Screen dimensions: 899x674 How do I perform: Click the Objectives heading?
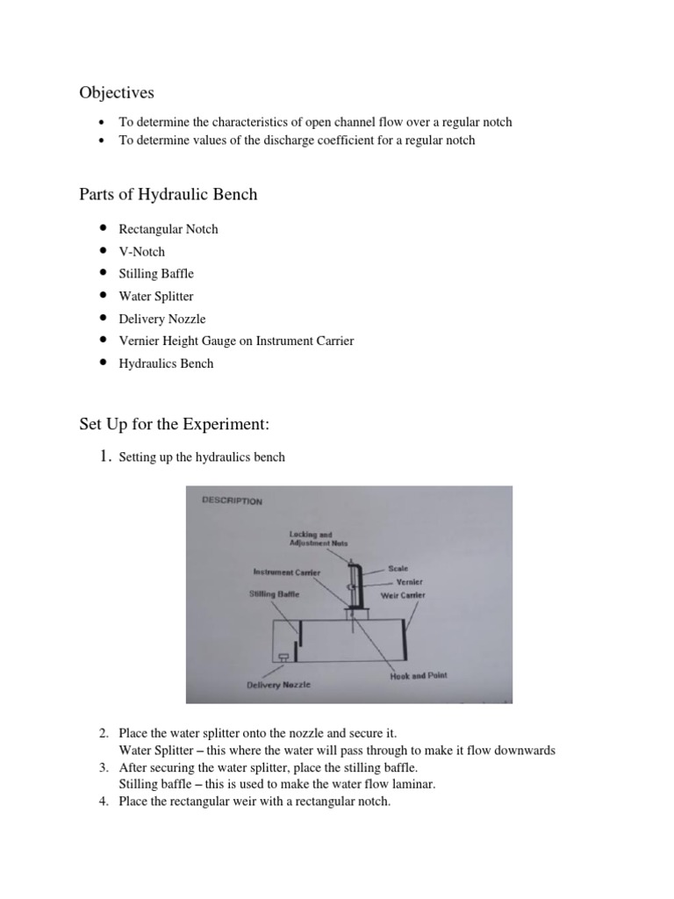coord(117,92)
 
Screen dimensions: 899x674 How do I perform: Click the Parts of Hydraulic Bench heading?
coord(168,194)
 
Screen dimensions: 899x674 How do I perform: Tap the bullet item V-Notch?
coord(141,251)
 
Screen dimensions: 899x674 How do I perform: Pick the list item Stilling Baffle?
coord(156,274)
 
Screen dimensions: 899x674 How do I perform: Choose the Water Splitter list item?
coord(156,296)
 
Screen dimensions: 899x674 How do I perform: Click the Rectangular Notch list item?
coord(168,229)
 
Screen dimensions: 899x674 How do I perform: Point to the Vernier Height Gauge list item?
coord(236,341)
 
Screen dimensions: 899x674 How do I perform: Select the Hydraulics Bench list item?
coord(166,363)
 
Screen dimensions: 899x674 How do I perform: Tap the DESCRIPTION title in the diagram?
coord(232,501)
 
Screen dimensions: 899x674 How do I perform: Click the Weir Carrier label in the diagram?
coord(403,594)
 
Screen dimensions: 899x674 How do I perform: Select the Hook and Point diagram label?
coord(418,675)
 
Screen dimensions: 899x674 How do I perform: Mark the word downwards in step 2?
coord(524,751)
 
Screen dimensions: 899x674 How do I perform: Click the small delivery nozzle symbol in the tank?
coord(283,657)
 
